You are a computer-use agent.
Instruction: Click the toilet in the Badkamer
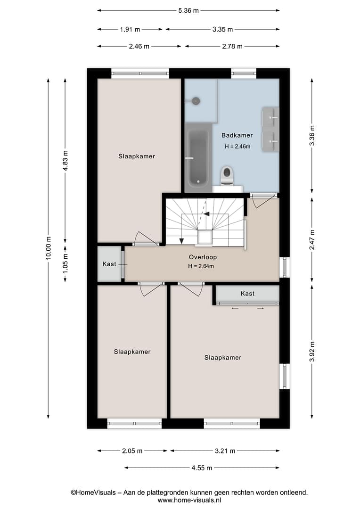[x=227, y=176]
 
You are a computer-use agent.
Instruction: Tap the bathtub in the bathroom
[x=198, y=157]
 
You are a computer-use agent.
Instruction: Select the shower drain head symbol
[x=196, y=101]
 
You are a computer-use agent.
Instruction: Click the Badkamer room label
[x=237, y=135]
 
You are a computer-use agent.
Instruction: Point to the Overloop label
[x=203, y=257]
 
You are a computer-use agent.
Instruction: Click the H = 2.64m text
[x=201, y=266]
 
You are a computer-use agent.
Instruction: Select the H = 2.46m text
[x=237, y=147]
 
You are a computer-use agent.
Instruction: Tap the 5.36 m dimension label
[x=188, y=11]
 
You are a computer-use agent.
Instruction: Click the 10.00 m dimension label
[x=49, y=248]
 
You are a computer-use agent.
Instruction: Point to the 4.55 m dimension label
[x=202, y=468]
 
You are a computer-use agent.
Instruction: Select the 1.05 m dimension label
[x=65, y=263]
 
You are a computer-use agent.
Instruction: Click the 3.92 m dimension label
[x=312, y=352]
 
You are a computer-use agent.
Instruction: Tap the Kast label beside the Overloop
[x=109, y=264]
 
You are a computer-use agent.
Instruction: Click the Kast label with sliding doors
[x=247, y=294]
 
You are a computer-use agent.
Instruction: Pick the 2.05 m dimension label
[x=132, y=451]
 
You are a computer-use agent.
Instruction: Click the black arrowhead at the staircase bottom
[x=181, y=241]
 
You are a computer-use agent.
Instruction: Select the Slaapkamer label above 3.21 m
[x=223, y=358]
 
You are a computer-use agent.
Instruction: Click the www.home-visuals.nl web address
[x=189, y=500]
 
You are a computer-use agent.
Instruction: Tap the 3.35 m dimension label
[x=223, y=30]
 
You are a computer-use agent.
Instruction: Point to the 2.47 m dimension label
[x=312, y=239]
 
